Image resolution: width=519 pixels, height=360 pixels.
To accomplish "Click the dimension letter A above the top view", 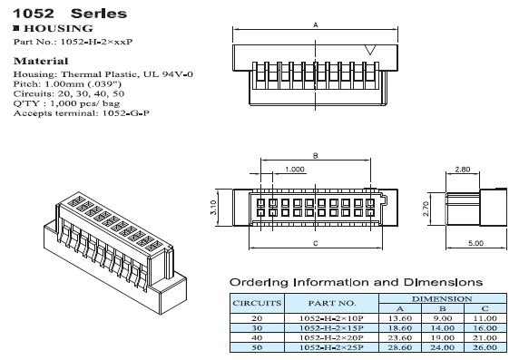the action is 316,24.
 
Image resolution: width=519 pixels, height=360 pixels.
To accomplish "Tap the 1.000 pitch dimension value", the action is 295,170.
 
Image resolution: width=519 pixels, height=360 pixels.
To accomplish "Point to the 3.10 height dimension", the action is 213,208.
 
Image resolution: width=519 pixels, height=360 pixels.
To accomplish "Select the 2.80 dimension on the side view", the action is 463,170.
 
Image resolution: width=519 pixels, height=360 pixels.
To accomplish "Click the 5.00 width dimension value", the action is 476,243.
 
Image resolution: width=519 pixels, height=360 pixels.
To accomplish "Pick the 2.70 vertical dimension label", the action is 426,209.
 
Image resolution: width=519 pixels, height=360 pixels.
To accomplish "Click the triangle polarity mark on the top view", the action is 370,50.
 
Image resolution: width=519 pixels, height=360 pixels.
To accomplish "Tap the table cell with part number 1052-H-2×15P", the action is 331,328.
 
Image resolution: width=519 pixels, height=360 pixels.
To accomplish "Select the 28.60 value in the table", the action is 400,347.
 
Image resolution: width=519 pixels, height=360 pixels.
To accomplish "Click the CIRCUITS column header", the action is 257,303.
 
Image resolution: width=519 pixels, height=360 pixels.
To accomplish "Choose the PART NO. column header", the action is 332,303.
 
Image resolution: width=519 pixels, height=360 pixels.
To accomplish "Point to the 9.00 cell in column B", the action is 443,318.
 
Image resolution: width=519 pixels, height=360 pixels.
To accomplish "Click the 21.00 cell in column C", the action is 485,338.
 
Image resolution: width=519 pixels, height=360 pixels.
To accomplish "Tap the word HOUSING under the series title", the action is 58,28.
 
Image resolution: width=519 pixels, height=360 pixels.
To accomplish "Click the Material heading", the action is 41,62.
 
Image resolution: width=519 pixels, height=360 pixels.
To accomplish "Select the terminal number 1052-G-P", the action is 126,113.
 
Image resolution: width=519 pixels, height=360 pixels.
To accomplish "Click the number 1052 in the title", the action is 33,14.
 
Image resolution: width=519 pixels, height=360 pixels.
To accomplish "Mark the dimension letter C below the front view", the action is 316,244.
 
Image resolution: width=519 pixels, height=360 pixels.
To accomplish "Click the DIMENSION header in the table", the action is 442,298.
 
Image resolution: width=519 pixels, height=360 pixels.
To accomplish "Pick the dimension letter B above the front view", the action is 316,155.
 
